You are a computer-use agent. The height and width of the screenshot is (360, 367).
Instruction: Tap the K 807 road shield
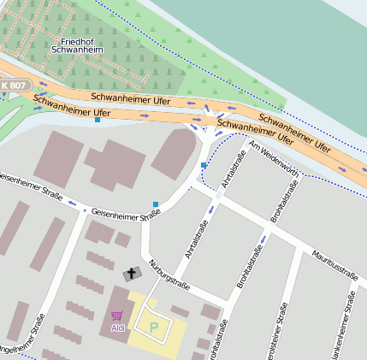coord(15,86)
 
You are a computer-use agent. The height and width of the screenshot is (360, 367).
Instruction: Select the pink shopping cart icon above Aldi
coord(116,316)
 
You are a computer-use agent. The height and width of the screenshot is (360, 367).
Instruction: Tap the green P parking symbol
coord(154,327)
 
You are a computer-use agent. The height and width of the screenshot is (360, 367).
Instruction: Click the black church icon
coord(132,274)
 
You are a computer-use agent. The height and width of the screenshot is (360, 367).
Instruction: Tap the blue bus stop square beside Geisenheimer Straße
coord(156,204)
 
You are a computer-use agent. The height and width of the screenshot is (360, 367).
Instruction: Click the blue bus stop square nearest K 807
coord(98,121)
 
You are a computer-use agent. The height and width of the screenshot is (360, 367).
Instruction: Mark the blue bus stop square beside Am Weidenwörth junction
coord(204,164)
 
